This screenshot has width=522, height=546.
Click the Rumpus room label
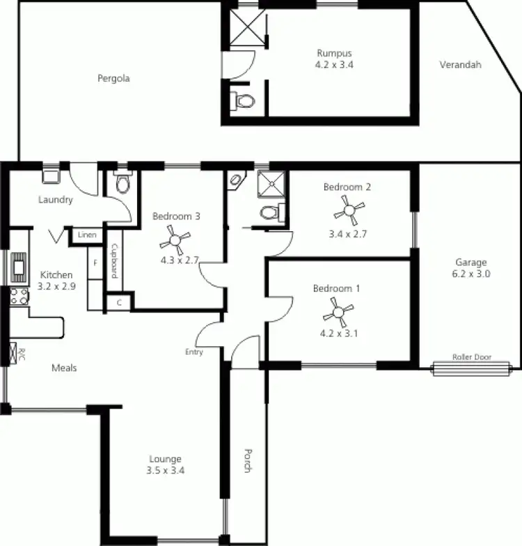[334, 53]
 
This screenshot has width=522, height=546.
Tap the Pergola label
[113, 79]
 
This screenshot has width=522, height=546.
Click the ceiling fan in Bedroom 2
[347, 207]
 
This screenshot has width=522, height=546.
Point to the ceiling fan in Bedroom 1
[338, 309]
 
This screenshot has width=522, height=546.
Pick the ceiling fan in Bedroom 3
[175, 240]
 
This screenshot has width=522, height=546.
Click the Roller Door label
[471, 357]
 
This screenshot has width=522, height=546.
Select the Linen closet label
[88, 235]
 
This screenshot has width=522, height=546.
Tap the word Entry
[194, 352]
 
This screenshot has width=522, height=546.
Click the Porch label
[247, 460]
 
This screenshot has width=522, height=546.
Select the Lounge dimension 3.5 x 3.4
[166, 470]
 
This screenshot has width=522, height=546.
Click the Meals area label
[64, 368]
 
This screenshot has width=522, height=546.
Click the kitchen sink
[17, 265]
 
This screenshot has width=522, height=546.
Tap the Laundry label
[56, 200]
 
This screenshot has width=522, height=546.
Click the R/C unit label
[21, 352]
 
